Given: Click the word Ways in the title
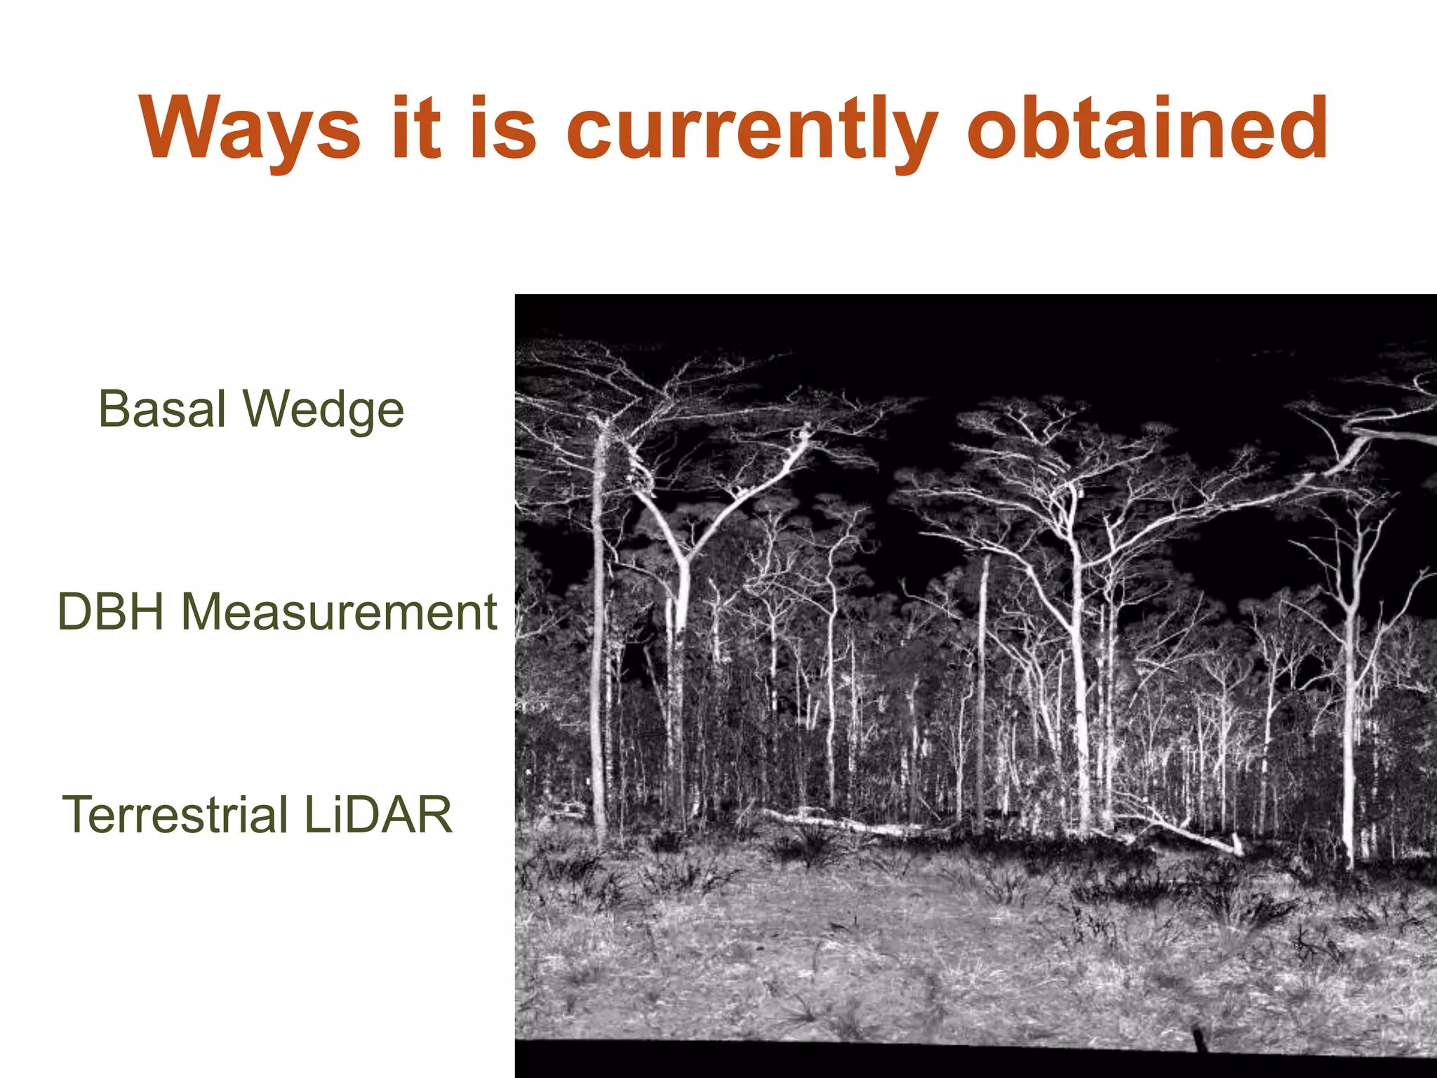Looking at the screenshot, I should (250, 130).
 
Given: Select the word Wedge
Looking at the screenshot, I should (323, 411).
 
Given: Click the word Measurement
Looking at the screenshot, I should (339, 612).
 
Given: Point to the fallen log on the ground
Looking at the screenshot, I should (842, 821).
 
